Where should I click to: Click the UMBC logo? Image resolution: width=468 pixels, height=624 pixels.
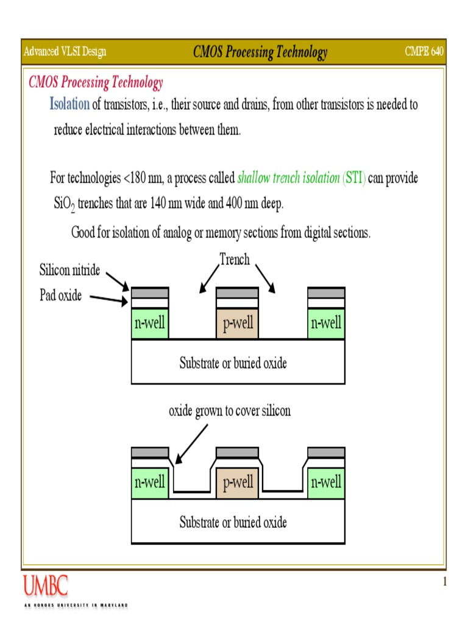46,586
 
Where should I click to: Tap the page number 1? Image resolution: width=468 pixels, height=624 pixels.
444,582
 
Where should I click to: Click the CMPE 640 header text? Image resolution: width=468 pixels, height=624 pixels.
424,52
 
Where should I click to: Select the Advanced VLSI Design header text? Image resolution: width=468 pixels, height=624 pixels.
65,52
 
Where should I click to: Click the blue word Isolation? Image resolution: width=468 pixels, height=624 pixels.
69,104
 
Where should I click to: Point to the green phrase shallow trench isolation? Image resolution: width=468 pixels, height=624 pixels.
288,179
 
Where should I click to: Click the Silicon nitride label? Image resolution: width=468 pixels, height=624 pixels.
69,270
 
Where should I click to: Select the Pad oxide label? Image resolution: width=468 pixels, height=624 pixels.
61,296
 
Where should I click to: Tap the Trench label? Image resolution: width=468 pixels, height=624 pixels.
235,260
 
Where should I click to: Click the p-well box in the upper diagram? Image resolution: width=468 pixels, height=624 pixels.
238,323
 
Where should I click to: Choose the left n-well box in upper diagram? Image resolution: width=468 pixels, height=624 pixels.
150,323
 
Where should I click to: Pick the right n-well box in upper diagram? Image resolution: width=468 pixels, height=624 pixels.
326,323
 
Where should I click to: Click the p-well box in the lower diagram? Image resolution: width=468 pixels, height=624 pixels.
238,483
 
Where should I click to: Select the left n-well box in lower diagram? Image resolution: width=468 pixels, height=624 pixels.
150,483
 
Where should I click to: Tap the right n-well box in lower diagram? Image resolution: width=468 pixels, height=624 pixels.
326,483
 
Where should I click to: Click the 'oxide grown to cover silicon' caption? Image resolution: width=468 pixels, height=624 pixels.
230,411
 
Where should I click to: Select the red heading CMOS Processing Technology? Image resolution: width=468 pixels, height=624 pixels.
96,83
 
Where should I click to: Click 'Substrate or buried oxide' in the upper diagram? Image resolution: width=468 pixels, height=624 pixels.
233,363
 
